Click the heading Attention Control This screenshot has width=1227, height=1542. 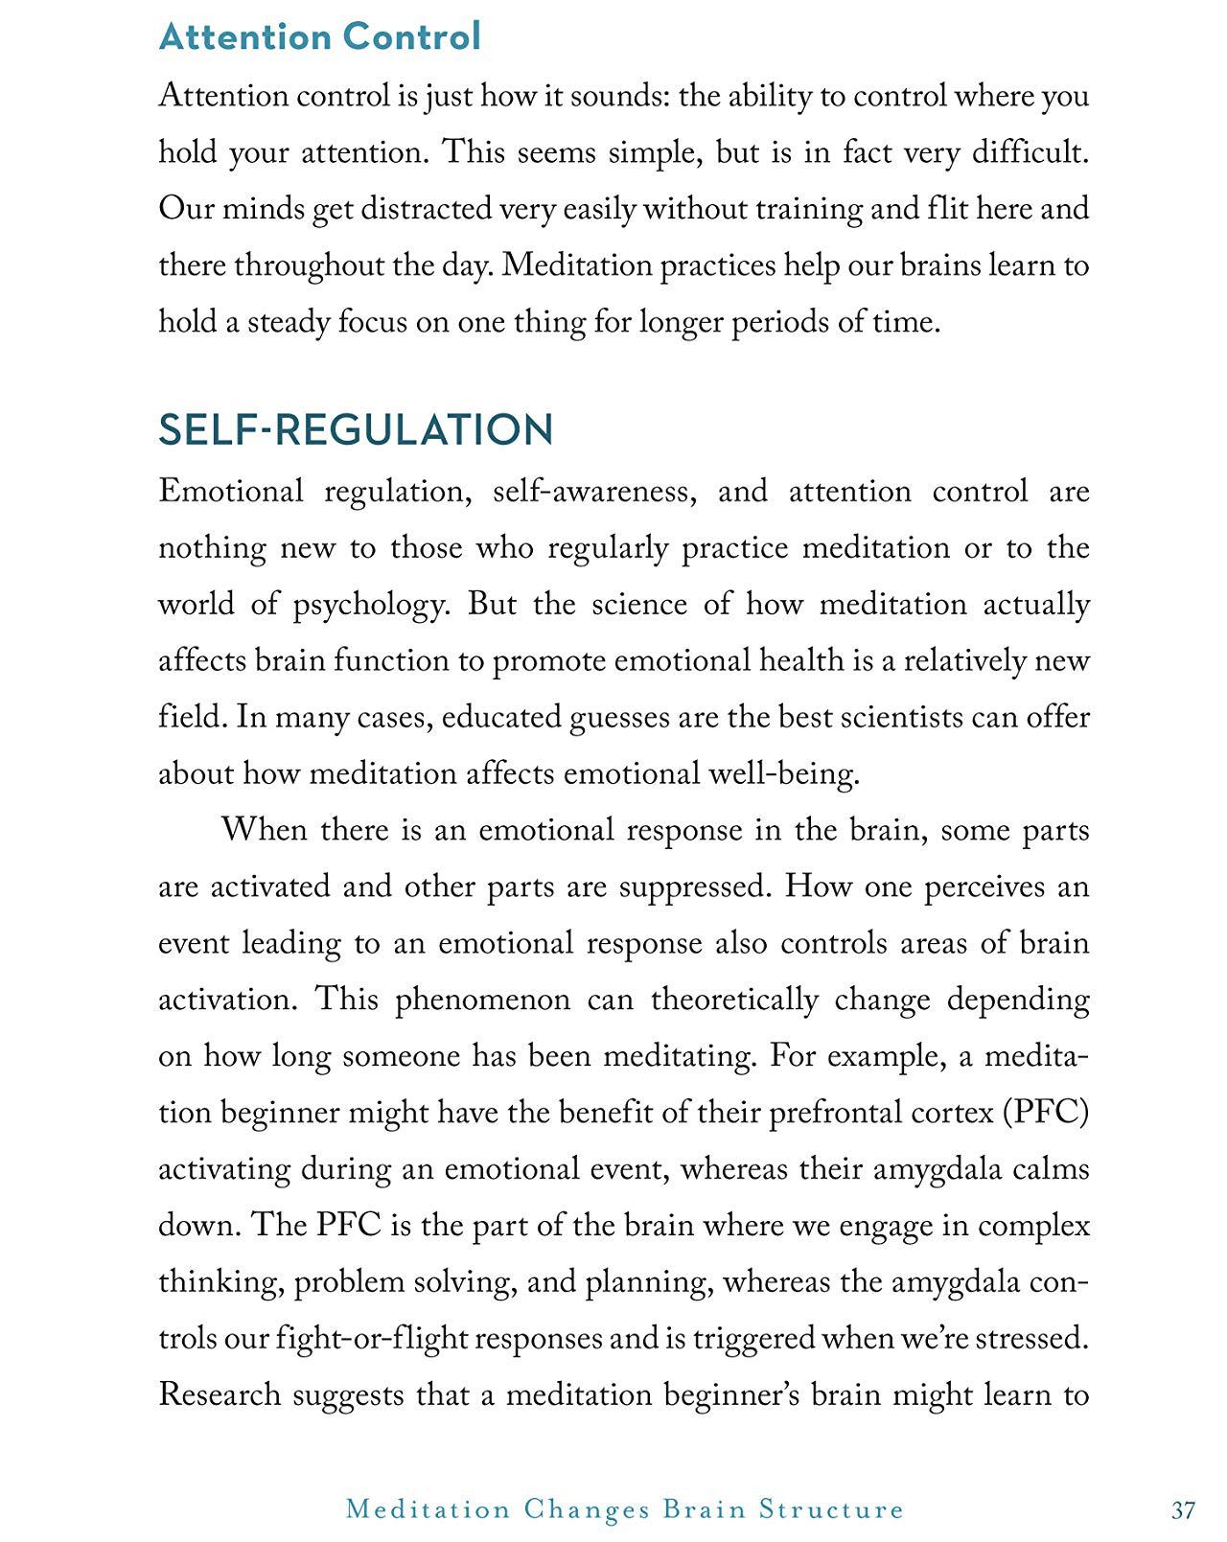pos(319,36)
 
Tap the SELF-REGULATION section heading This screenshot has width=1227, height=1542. pos(356,429)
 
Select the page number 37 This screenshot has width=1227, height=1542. pos(1183,1510)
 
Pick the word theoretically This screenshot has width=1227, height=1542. pos(734,1000)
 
